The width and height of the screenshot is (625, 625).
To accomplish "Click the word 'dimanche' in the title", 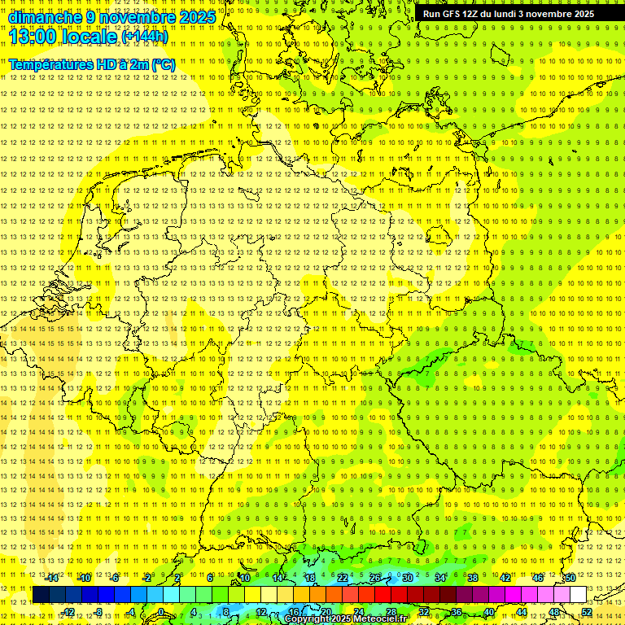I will [x=45, y=17].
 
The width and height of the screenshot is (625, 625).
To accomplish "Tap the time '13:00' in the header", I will [x=32, y=37].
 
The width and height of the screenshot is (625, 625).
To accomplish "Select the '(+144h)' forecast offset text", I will [x=145, y=37].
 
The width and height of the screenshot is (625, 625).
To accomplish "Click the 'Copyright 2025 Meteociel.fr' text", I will [x=346, y=619].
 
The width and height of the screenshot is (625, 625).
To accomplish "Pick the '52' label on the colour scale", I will [x=587, y=612].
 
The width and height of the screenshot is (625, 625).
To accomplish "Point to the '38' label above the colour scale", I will [x=473, y=578].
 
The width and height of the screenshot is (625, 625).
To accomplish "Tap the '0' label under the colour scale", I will [x=161, y=612].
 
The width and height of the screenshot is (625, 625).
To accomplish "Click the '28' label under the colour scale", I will [x=391, y=612].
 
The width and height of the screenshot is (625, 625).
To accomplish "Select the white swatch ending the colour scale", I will [x=578, y=595].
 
